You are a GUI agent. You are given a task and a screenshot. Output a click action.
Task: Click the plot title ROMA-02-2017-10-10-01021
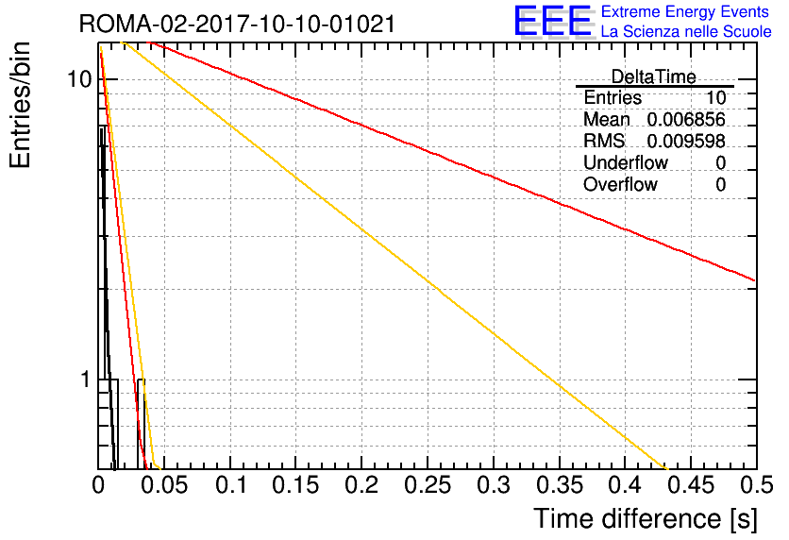coord(237,24)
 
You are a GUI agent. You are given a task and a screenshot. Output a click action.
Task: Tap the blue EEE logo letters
coord(553,21)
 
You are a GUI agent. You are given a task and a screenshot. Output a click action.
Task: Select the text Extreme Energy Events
coord(685,11)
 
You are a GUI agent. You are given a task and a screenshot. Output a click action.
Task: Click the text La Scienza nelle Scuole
coord(686,31)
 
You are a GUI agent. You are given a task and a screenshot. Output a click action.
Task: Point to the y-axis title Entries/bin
coord(21,105)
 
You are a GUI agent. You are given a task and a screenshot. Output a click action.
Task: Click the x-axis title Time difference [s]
coord(646,518)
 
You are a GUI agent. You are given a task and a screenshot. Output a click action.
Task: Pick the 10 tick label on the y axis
coord(80,79)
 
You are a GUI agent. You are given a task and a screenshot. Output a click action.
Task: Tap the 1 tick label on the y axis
coord(86,379)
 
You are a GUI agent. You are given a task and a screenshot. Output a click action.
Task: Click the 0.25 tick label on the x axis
coord(428,485)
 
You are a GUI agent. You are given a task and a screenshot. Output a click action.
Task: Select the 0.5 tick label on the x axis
coord(756,485)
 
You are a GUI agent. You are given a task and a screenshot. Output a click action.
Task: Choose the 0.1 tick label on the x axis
coord(231,485)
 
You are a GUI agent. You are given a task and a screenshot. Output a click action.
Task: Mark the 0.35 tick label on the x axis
coord(560,485)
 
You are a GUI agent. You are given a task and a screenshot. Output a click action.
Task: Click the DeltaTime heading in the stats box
coord(654,76)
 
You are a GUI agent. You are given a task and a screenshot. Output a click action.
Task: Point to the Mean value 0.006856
coord(686,119)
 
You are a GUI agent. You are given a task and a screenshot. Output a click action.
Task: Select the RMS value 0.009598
coord(686,141)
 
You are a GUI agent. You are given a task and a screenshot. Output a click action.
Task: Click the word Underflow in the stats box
coord(626,162)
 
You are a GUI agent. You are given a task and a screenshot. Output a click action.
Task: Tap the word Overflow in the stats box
coord(620,184)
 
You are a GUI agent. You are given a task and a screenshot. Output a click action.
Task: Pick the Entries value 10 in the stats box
coord(715,97)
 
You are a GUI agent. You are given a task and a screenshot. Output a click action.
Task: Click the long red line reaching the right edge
coord(451,160)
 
